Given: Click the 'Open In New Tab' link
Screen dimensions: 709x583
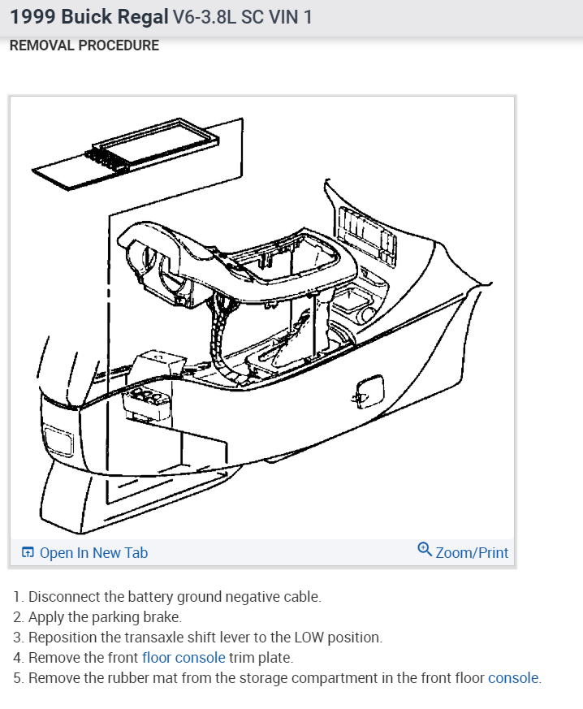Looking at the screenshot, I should tap(93, 553).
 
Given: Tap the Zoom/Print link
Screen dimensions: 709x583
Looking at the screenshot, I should tap(472, 553).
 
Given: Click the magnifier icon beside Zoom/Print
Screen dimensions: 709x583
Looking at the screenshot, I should tap(424, 551).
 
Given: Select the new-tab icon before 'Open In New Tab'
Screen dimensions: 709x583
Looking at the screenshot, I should tap(28, 553).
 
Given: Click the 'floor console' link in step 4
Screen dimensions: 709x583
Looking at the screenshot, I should tap(184, 658).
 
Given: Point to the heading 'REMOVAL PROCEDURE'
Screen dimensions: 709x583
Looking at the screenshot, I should tap(84, 45).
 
